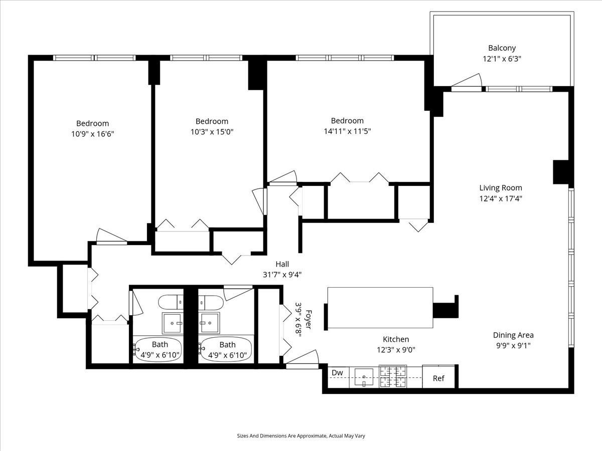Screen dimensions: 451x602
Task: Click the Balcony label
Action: [x=502, y=48]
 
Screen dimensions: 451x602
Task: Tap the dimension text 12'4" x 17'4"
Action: [x=501, y=198]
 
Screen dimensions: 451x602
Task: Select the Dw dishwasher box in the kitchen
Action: [x=337, y=373]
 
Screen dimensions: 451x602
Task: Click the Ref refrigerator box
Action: [x=438, y=378]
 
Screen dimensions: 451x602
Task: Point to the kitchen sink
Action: [x=364, y=377]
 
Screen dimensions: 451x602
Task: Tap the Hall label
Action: [x=282, y=264]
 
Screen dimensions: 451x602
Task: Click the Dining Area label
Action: [x=513, y=335]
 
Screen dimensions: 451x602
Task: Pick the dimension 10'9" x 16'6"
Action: [x=92, y=134]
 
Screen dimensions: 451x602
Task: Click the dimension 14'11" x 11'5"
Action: [x=347, y=131]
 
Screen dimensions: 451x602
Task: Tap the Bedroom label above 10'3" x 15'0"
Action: [x=212, y=121]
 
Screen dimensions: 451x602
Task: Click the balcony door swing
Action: [x=468, y=81]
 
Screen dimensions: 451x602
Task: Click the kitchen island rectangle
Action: [x=380, y=308]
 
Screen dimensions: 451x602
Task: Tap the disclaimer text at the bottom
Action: [x=301, y=436]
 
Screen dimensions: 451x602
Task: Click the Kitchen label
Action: [x=396, y=339]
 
